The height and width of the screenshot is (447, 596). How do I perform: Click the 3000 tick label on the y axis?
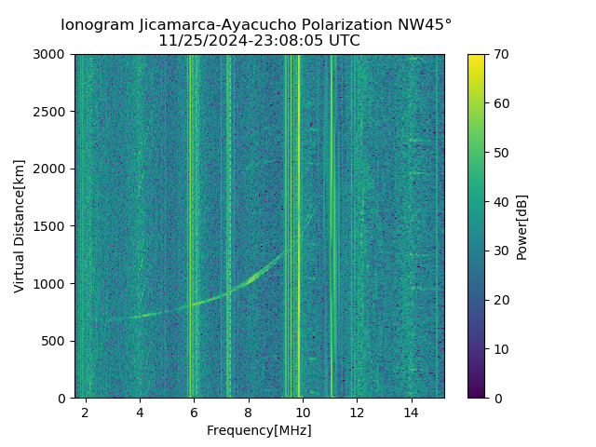[x=53, y=55]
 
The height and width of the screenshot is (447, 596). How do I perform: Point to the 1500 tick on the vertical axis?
[x=53, y=226]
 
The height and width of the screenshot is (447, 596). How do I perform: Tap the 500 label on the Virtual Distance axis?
[x=57, y=341]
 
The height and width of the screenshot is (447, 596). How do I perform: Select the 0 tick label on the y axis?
[x=63, y=399]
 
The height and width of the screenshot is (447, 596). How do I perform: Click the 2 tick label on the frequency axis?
[x=86, y=412]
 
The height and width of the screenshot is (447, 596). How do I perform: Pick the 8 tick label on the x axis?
[x=249, y=412]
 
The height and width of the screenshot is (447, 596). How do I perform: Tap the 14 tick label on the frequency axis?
[x=411, y=412]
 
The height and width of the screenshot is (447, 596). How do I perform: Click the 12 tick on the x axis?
[x=357, y=412]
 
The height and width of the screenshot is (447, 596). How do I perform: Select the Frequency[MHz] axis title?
[x=259, y=430]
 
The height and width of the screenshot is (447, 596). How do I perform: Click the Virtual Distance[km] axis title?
[x=20, y=226]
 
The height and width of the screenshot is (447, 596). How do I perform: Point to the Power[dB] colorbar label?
[x=522, y=226]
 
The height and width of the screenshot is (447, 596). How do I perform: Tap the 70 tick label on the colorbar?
[x=500, y=55]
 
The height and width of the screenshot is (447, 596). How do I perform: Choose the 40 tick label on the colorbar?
[x=500, y=202]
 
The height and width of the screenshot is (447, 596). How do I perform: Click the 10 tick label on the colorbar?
[x=500, y=349]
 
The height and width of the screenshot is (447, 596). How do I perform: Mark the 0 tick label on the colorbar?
[x=496, y=399]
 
